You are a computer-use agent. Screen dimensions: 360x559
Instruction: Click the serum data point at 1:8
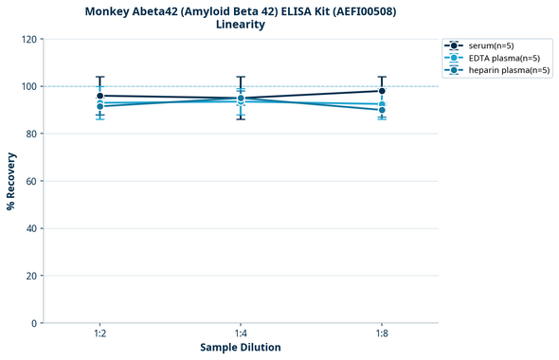pos(382,91)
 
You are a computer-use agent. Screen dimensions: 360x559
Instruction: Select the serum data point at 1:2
pos(99,96)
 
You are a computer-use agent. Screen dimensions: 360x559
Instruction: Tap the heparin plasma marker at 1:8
pos(382,110)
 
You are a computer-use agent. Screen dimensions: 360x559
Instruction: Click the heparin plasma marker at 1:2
pos(99,106)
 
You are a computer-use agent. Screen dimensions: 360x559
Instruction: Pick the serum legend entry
pos(490,45)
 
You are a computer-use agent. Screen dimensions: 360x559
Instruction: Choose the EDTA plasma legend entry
pos(496,58)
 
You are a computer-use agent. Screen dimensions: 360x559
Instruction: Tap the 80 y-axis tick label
pos(31,134)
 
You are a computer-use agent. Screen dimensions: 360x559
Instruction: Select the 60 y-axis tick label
pos(31,181)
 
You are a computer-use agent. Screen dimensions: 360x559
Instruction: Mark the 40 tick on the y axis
pos(31,228)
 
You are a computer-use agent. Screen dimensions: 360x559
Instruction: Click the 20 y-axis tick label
pos(31,276)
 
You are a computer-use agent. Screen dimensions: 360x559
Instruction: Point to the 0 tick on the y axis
pos(34,323)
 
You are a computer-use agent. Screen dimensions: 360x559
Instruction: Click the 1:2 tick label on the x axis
pos(99,333)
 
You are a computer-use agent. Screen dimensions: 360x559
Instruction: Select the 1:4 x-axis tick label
pos(241,333)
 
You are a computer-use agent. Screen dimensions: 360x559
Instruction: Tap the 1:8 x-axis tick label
pos(382,333)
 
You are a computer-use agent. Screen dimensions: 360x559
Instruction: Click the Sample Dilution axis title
pos(241,348)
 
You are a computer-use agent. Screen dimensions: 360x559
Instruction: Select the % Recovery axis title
pos(11,181)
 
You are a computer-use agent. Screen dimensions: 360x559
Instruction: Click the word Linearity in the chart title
pos(241,25)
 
